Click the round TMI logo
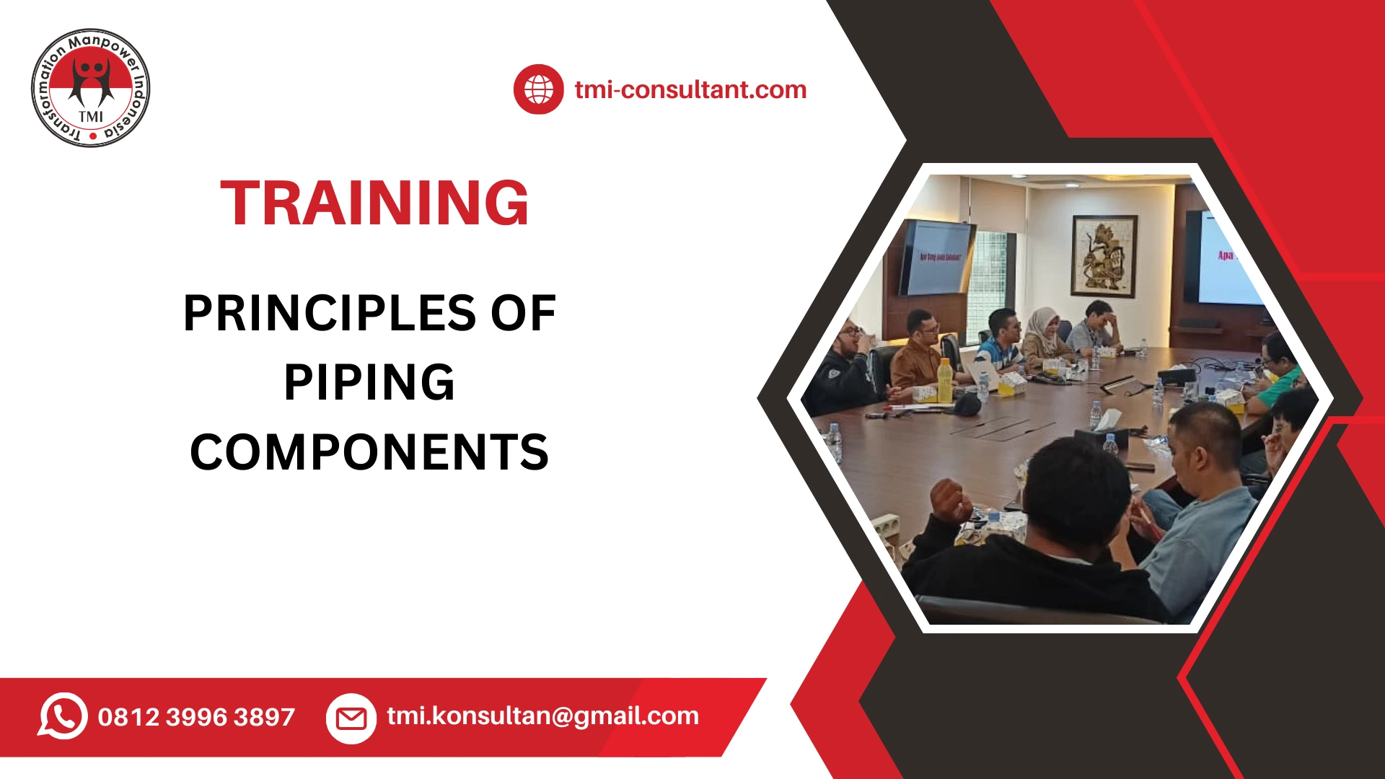coord(91,89)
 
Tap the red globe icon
coord(538,89)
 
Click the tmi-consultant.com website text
coord(690,89)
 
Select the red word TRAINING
coord(374,203)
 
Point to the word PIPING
coord(369,382)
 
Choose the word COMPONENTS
coord(369,452)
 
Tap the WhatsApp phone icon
coord(63,716)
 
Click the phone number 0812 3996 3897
coord(196,717)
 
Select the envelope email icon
coord(351,718)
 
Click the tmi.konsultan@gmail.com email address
coord(542,716)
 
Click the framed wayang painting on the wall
coord(1103,256)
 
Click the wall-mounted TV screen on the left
coord(936,258)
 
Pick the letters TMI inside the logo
coord(91,117)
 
